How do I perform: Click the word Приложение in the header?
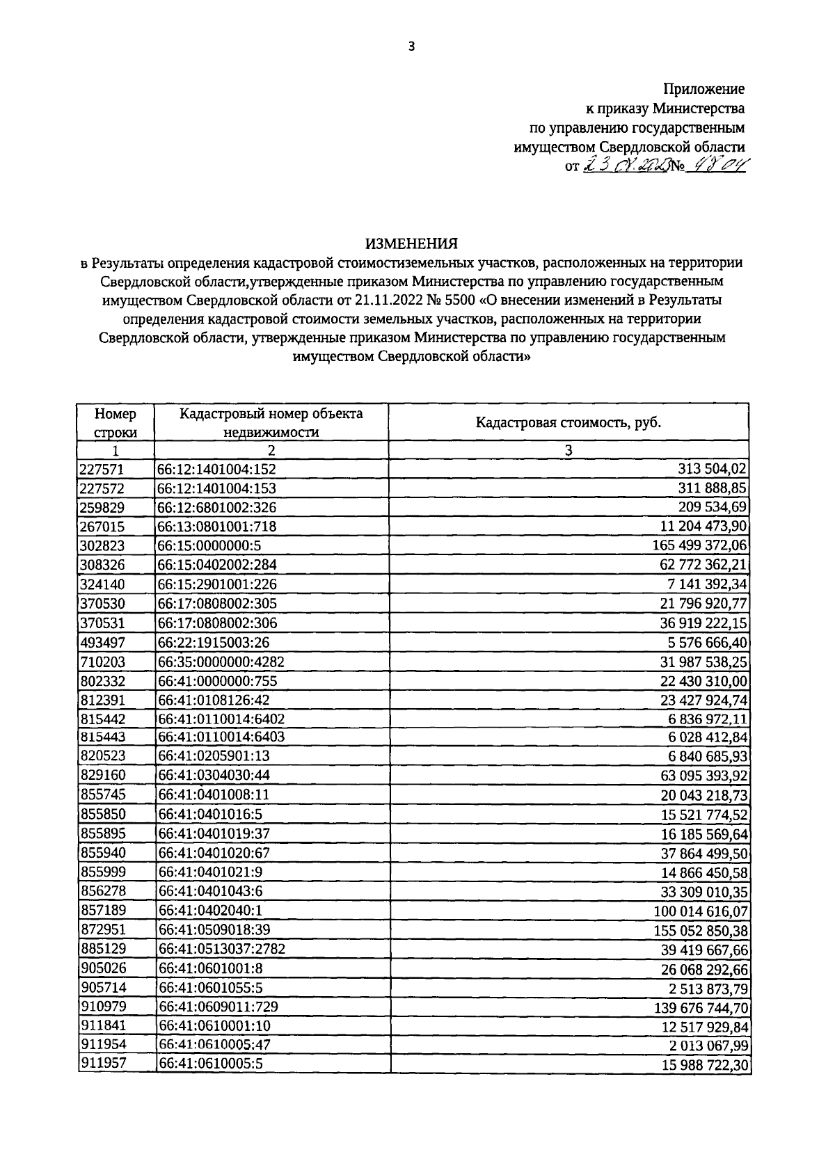[x=703, y=89]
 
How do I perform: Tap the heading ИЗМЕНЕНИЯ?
[x=411, y=243]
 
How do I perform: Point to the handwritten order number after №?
[x=715, y=166]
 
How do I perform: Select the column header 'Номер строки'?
[x=116, y=422]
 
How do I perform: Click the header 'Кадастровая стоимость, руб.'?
[x=568, y=422]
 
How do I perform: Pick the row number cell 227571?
[x=102, y=470]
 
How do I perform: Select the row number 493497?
[x=102, y=642]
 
